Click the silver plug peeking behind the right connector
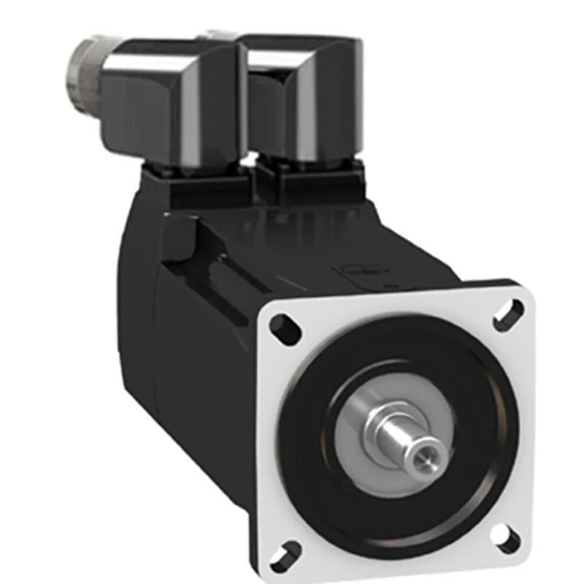click(220, 34)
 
